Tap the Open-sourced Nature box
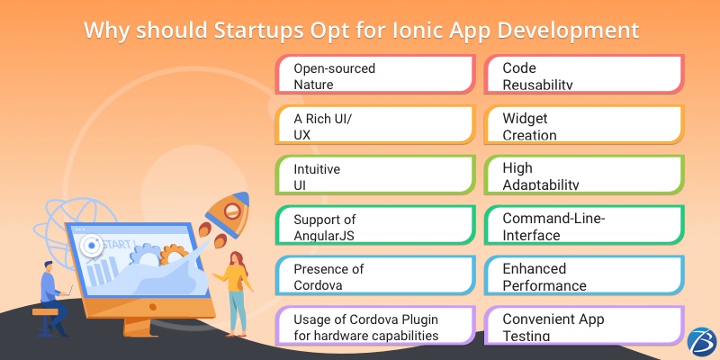coord(373,76)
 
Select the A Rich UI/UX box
coord(373,126)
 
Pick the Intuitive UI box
coord(373,175)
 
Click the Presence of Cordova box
coord(373,276)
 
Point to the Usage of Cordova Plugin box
coord(373,327)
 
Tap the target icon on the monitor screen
coord(89,245)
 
